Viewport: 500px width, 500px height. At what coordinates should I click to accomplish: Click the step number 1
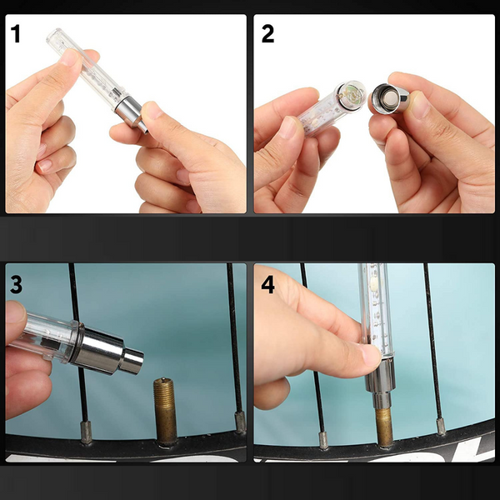click(15, 34)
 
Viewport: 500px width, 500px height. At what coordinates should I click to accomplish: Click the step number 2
click(267, 34)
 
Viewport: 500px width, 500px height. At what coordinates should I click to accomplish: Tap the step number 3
click(17, 285)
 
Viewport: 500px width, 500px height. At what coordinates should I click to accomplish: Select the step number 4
click(267, 285)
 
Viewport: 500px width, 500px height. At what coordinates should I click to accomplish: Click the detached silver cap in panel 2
click(390, 98)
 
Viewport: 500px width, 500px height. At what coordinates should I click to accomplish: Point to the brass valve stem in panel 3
click(165, 412)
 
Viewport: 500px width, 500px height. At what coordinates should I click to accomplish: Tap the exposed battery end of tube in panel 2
click(352, 95)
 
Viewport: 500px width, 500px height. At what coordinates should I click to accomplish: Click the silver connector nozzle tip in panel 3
click(132, 361)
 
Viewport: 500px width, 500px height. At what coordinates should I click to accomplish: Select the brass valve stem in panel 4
click(384, 427)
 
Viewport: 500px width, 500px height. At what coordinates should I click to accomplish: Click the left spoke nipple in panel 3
click(86, 432)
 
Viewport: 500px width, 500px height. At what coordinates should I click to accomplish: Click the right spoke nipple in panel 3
click(240, 422)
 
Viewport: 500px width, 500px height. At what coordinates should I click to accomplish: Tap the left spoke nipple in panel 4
click(323, 440)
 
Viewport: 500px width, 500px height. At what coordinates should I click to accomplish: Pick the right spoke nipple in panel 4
click(441, 427)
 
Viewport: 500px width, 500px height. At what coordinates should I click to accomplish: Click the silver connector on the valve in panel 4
click(381, 383)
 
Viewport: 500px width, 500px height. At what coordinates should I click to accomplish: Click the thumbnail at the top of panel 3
click(14, 311)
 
